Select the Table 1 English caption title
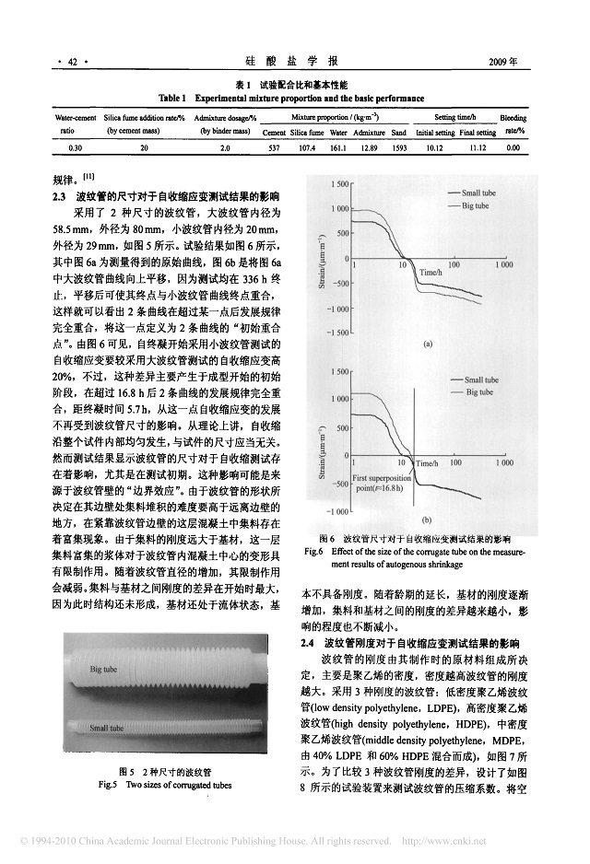point(291,98)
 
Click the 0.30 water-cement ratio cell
point(76,147)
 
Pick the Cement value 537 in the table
point(274,147)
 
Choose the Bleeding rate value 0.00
point(513,147)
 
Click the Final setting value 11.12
point(478,147)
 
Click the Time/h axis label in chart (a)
point(431,273)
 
